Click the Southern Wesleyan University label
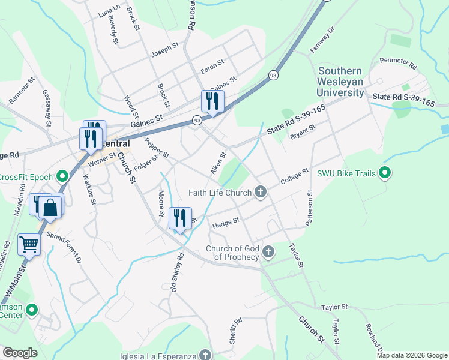click(342, 81)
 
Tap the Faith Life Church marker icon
click(260, 192)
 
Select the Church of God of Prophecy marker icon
click(268, 252)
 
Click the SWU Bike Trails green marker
click(386, 174)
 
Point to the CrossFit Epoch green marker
click(61, 176)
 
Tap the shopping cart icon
click(28, 244)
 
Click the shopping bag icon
click(52, 208)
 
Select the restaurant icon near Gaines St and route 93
click(211, 101)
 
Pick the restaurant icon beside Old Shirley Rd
click(180, 218)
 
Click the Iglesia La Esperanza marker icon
click(205, 354)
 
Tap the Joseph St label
click(165, 49)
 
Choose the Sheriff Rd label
click(234, 331)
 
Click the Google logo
click(20, 352)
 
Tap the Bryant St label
click(302, 130)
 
